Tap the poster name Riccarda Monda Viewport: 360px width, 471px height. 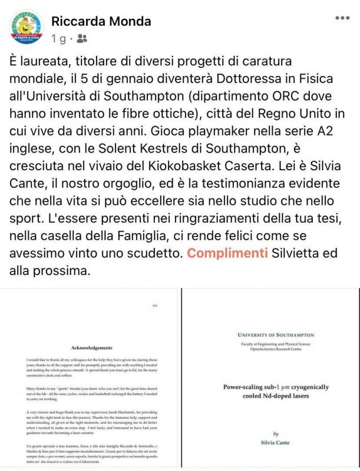point(101,21)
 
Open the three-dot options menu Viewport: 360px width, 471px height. point(342,18)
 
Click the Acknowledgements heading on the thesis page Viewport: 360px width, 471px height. point(91,347)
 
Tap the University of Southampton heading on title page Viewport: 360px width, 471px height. point(272,334)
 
